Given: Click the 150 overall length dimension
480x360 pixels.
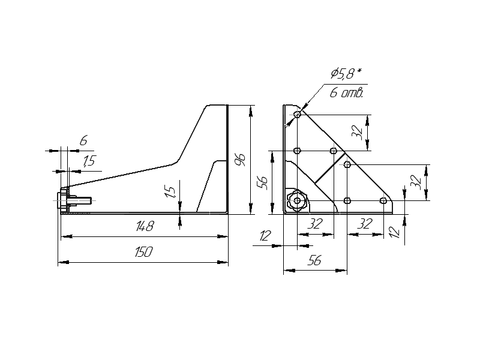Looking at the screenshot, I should (x=143, y=252).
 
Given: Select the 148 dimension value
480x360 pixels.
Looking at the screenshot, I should (x=145, y=227).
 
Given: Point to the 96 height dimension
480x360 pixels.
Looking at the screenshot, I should (x=241, y=159).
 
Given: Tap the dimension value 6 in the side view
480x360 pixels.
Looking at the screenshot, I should (x=83, y=141).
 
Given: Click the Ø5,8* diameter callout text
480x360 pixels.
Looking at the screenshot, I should (x=346, y=74).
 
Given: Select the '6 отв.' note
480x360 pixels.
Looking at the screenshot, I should (x=347, y=93).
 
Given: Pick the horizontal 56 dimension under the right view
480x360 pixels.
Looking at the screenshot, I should (x=314, y=260).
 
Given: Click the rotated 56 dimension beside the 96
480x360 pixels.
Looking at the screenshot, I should (x=262, y=182).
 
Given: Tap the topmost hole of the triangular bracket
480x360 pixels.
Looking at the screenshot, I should (x=297, y=114).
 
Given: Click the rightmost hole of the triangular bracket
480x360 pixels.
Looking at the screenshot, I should (x=383, y=200).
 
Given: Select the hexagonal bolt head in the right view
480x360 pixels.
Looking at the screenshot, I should (x=296, y=200).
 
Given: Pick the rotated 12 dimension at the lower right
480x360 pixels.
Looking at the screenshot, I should (x=394, y=232).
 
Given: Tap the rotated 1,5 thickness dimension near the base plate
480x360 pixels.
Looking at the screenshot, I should (x=170, y=192).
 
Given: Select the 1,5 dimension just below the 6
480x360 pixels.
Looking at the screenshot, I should (x=89, y=160).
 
